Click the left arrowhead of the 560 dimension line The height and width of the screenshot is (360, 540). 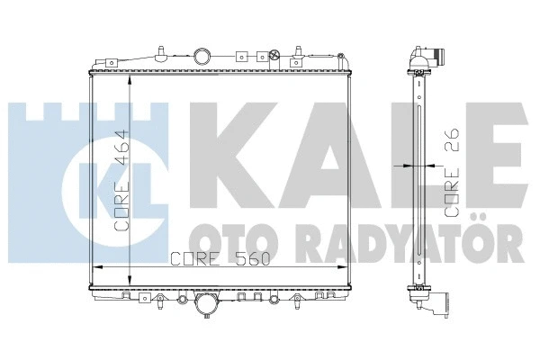coord(98,268)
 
